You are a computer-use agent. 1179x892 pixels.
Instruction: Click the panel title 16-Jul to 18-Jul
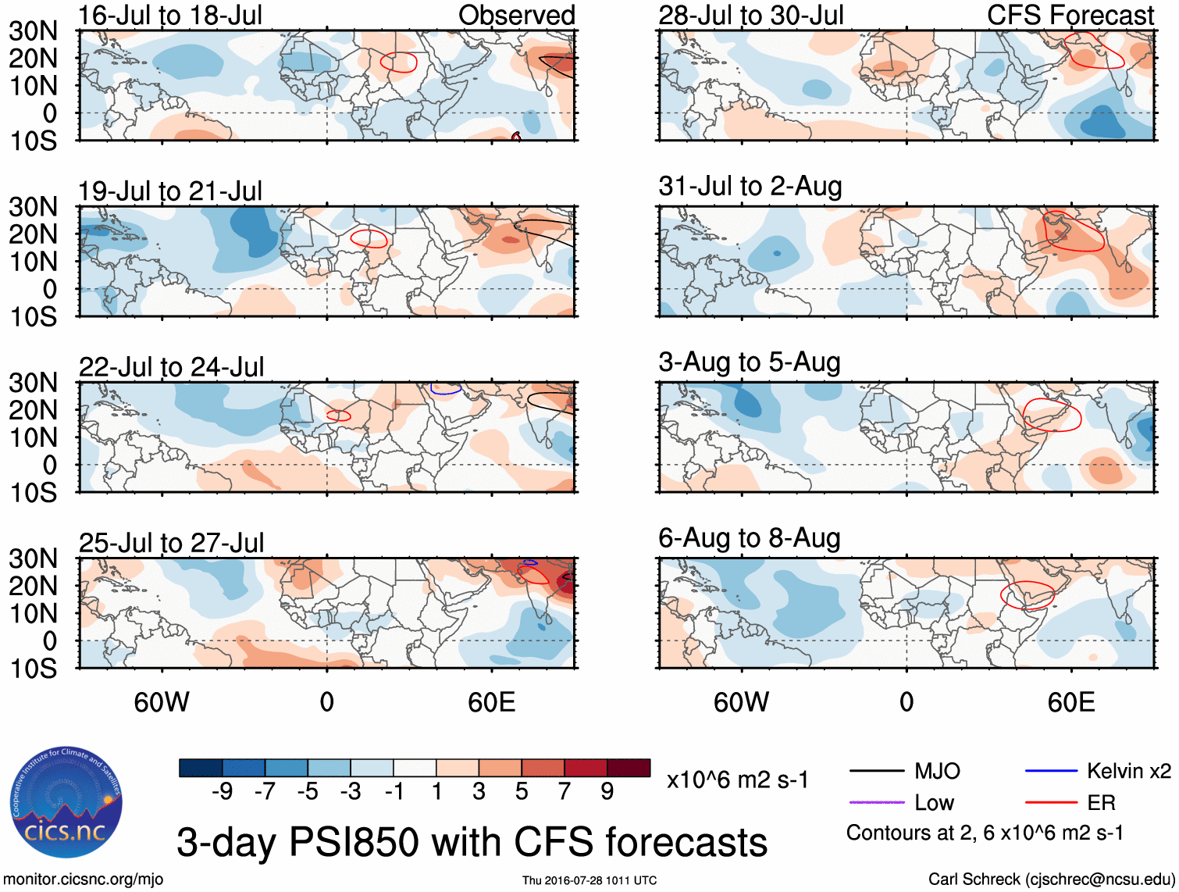(170, 15)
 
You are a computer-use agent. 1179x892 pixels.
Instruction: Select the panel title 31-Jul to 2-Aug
(750, 186)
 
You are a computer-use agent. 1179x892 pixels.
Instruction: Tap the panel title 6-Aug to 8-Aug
(750, 537)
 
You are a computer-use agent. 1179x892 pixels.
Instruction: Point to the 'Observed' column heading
(516, 15)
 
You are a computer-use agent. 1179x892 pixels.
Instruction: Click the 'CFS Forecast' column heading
(1070, 15)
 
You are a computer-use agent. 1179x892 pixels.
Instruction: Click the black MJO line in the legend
(876, 772)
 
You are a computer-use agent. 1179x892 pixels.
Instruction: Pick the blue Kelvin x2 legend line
(1051, 772)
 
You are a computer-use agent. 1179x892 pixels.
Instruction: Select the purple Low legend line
(876, 802)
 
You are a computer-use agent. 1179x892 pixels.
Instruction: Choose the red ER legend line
(1051, 802)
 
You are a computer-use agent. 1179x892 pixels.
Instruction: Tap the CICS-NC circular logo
(66, 802)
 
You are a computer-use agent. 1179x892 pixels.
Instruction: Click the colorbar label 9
(607, 792)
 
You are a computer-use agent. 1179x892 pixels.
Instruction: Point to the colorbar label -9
(222, 792)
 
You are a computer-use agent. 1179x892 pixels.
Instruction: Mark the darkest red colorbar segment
(629, 768)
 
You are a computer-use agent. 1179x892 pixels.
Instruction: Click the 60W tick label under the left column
(162, 702)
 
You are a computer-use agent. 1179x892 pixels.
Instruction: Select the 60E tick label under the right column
(1071, 702)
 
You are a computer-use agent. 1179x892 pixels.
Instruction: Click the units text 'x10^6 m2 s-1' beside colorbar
(738, 780)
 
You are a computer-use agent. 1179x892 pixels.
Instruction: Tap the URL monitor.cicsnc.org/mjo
(84, 880)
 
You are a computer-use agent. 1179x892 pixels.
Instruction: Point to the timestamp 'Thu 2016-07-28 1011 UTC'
(589, 880)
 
